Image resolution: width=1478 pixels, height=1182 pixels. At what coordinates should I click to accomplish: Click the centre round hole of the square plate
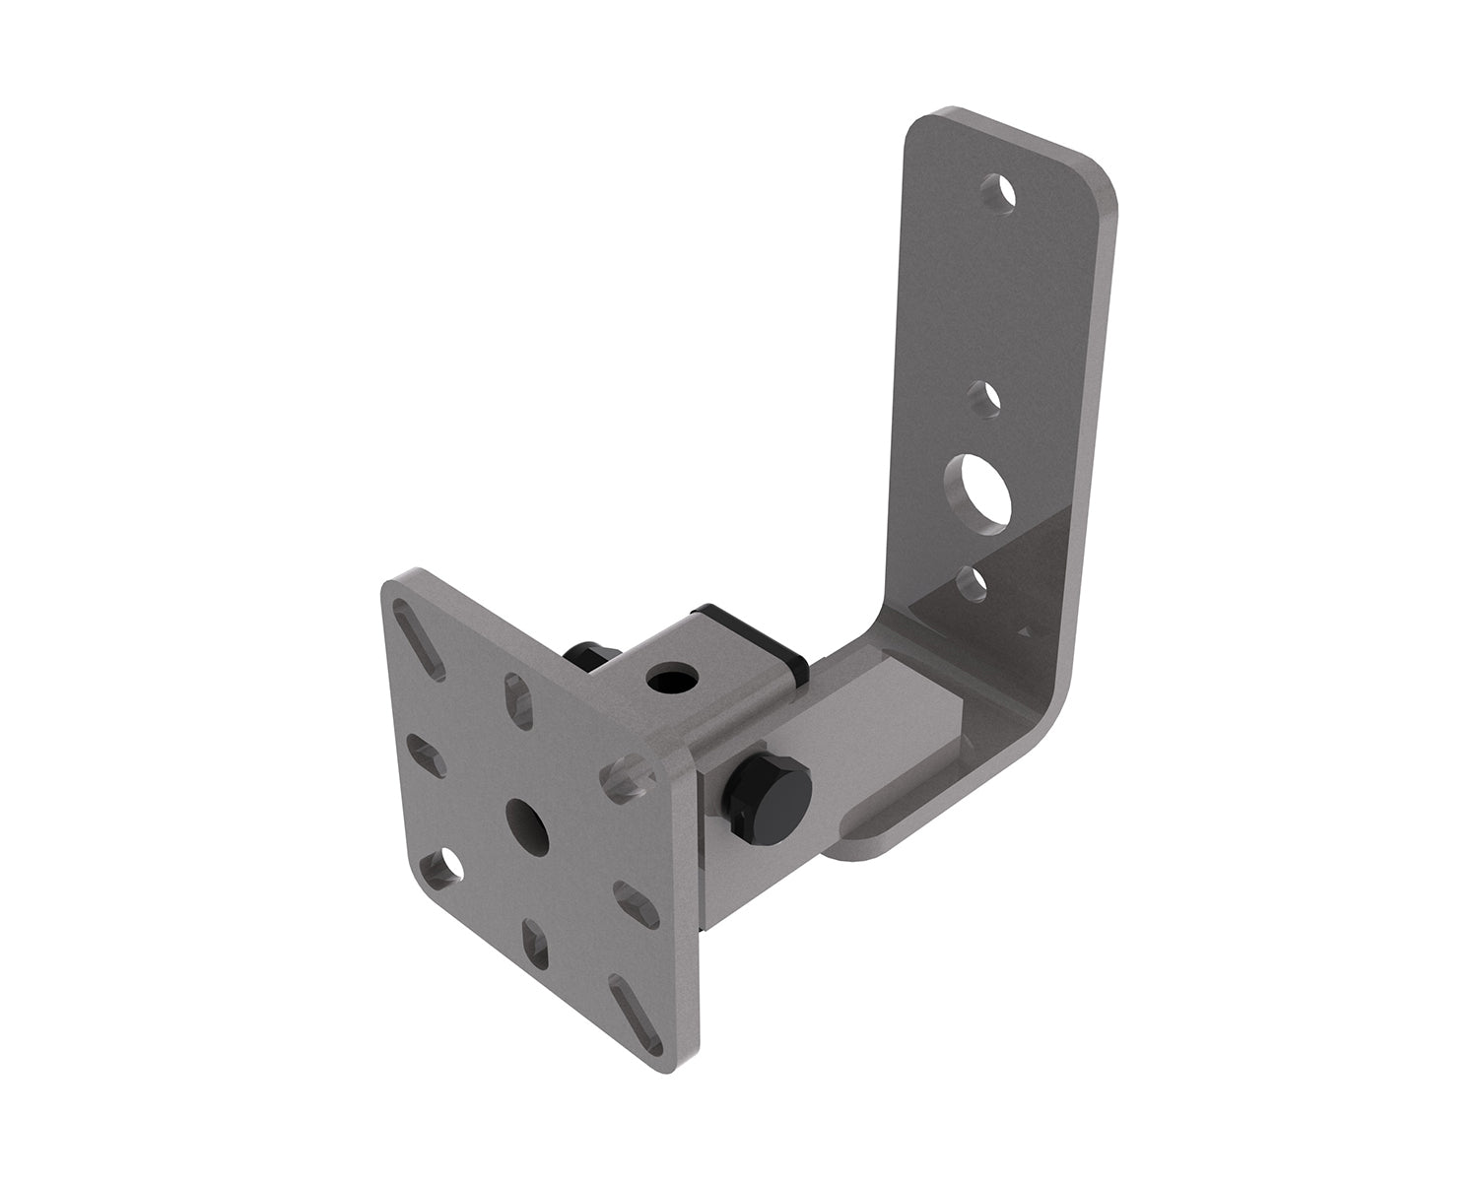(x=526, y=823)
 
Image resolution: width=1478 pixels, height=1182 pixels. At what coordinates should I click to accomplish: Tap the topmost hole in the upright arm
(x=1000, y=192)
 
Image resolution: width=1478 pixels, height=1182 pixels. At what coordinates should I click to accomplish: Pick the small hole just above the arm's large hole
(x=983, y=400)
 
